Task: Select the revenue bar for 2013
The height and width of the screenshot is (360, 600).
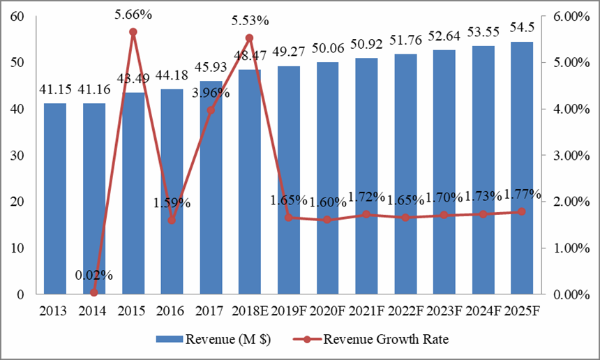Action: coord(55,199)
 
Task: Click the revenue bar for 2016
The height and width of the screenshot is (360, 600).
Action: coord(172,192)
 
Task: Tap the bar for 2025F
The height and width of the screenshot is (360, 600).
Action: coord(522,167)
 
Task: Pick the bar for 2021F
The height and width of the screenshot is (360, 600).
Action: coord(366,176)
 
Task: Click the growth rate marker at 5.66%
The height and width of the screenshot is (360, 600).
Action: coord(133,32)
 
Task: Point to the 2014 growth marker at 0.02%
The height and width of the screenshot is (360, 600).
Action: coord(94,293)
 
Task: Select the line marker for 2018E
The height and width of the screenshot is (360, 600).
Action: coord(249,38)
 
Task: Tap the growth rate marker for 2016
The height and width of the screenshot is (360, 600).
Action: coord(172,220)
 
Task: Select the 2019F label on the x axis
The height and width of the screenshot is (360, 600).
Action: coord(289,310)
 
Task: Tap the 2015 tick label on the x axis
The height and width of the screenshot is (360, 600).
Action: coord(133,310)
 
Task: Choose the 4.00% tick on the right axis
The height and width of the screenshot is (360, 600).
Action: coord(565,110)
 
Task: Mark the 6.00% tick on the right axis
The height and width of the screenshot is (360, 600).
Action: coord(565,17)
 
